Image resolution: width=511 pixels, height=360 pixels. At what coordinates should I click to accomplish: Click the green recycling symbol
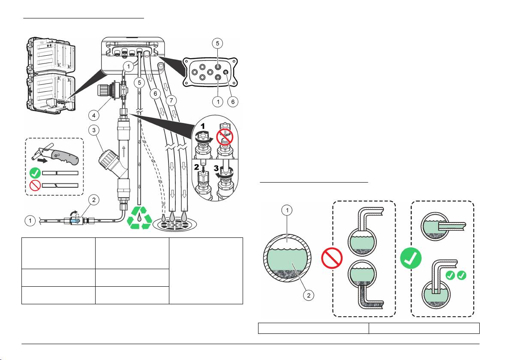tap(139, 217)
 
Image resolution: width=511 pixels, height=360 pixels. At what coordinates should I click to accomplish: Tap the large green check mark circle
tap(410, 258)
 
